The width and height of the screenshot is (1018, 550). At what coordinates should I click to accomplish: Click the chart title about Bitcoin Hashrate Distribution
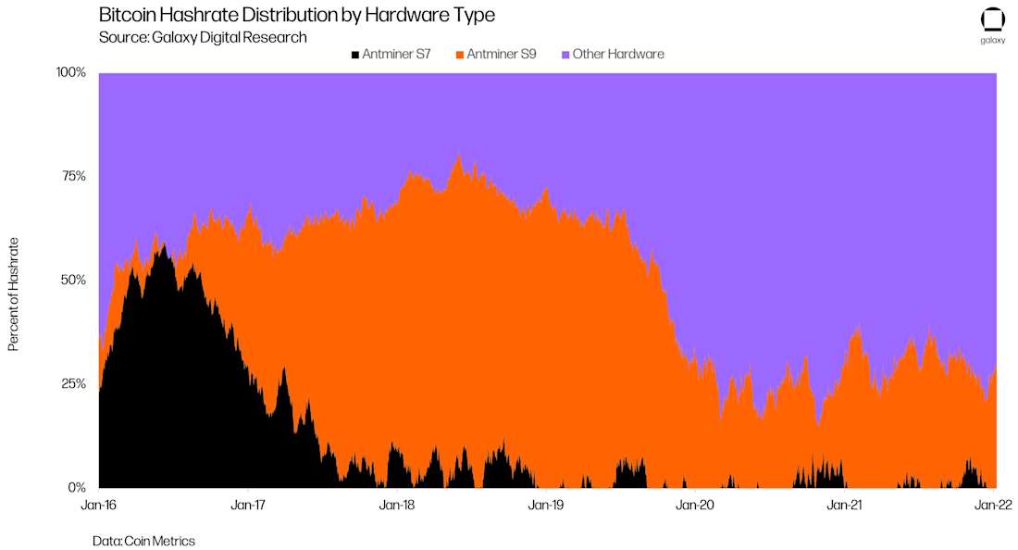tap(297, 14)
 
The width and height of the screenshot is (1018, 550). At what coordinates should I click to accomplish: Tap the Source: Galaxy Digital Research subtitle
tap(203, 38)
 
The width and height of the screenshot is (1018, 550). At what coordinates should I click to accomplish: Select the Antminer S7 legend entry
tap(391, 55)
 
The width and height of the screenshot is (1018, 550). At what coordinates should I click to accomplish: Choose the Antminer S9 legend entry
tap(496, 55)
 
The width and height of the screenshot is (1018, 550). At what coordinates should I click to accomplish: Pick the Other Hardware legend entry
tap(613, 55)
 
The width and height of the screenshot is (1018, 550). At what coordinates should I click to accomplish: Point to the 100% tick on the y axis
tap(71, 72)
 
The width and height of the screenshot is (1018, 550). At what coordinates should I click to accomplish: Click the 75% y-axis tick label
tap(73, 176)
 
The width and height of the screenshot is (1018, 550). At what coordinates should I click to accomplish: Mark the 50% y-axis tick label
tap(73, 280)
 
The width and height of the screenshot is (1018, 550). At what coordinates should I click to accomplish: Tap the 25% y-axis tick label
tap(73, 383)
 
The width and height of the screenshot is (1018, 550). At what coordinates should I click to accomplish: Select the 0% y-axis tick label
tap(77, 488)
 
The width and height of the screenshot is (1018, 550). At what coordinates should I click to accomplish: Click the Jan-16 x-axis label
tap(99, 506)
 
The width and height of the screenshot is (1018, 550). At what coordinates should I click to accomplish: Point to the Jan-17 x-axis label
tap(249, 506)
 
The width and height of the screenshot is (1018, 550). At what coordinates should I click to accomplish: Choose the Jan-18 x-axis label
tap(397, 506)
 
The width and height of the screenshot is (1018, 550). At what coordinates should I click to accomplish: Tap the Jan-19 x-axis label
tap(547, 506)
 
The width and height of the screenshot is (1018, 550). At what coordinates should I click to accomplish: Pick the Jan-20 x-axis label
tap(695, 506)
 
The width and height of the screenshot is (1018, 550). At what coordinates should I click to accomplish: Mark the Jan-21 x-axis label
tap(845, 506)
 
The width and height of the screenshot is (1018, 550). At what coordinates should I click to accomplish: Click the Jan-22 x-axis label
tap(994, 506)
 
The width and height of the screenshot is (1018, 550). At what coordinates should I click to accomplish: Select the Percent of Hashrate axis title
tap(14, 294)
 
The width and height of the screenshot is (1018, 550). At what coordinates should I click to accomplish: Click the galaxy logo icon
tap(993, 20)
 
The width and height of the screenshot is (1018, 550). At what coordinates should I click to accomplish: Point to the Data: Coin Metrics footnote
tap(143, 541)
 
